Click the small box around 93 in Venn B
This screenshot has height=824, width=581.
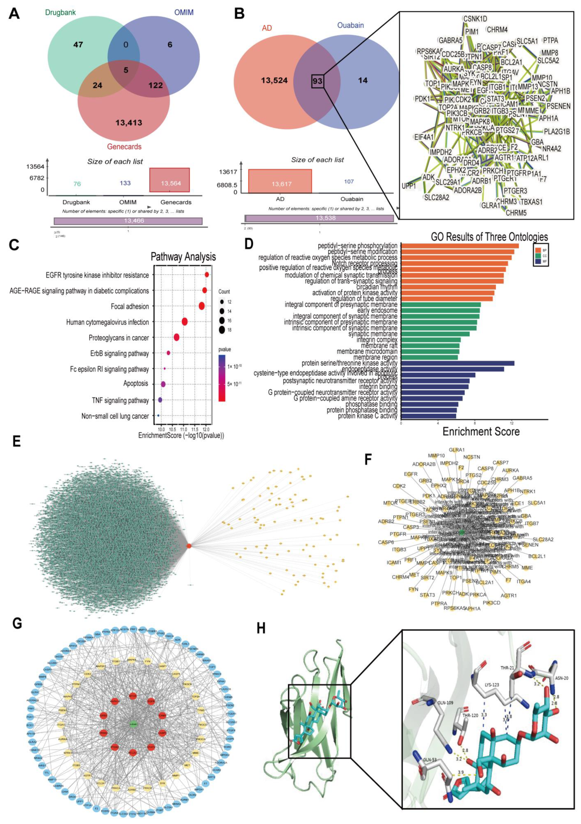317,81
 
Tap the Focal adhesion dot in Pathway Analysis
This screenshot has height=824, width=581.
201,306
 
